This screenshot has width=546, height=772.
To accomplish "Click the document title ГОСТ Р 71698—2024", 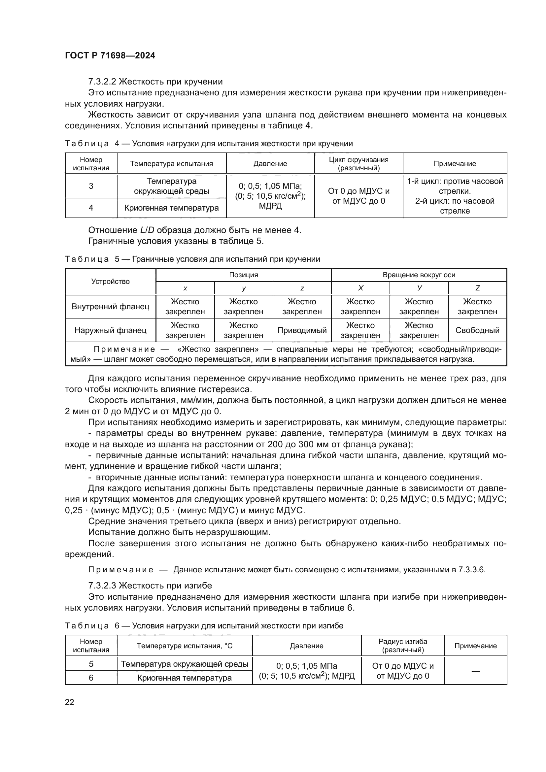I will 110,56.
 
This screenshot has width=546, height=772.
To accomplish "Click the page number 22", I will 69,702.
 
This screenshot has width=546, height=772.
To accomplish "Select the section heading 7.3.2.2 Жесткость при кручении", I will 155,82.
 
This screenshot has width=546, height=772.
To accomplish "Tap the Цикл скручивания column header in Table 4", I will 358,164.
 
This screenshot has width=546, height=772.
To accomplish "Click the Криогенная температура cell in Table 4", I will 171,208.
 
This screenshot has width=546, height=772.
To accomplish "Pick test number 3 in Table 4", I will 91,186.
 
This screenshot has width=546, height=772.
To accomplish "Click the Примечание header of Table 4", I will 455,164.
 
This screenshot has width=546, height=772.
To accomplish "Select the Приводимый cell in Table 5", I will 302,330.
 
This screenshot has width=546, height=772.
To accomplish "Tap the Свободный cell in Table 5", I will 477,330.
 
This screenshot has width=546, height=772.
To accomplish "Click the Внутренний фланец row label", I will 110,306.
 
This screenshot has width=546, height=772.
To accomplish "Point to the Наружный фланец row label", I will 110,330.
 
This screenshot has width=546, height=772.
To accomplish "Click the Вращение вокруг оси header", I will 419,275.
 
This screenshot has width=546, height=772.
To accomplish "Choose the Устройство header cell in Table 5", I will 110,282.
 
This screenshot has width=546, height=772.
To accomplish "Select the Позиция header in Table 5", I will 243,275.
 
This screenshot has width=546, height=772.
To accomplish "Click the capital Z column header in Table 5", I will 477,288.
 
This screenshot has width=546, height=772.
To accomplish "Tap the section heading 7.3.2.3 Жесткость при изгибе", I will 150,586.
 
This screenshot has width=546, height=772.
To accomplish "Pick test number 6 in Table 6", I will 91,678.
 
